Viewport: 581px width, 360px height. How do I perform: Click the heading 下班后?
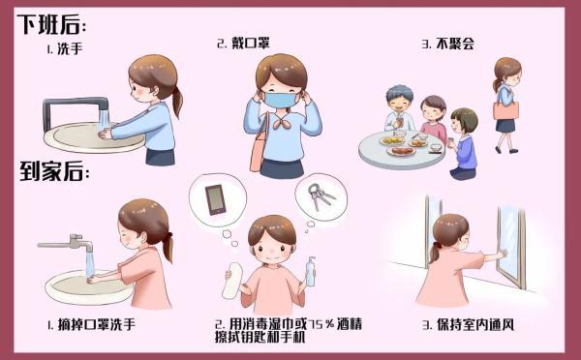pyautogui.click(x=51, y=24)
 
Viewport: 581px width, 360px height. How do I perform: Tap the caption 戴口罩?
pyautogui.click(x=250, y=43)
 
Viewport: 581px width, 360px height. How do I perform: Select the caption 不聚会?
pyautogui.click(x=455, y=45)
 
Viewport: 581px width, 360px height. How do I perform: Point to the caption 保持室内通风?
pyautogui.click(x=475, y=325)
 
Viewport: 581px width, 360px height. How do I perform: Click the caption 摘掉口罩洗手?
pyautogui.click(x=97, y=325)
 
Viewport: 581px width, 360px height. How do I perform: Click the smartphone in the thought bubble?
pyautogui.click(x=215, y=199)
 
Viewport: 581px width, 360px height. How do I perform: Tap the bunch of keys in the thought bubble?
pyautogui.click(x=321, y=195)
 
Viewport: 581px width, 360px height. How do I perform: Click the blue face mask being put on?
pyautogui.click(x=281, y=100)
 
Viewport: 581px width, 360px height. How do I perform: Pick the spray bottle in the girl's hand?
pyautogui.click(x=311, y=271)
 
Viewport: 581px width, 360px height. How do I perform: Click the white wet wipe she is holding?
pyautogui.click(x=232, y=281)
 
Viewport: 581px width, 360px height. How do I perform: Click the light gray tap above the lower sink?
pyautogui.click(x=70, y=243)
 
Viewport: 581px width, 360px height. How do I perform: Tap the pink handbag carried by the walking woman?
pyautogui.click(x=505, y=110)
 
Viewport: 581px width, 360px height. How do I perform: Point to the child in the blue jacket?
pyautogui.click(x=464, y=144)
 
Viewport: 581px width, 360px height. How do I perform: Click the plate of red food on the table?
pyautogui.click(x=402, y=151)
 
